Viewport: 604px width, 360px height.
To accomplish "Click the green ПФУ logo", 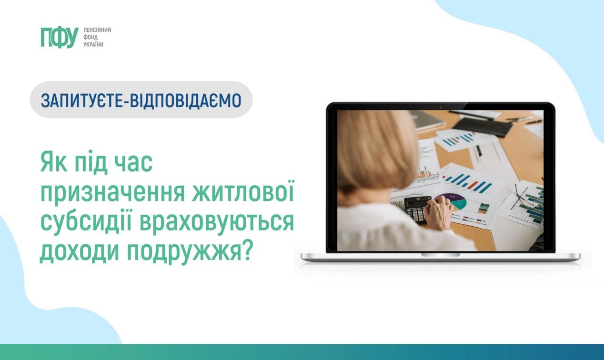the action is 60,38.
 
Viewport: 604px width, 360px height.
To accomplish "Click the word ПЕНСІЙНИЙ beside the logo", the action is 97,30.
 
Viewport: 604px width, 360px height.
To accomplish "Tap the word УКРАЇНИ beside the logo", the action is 93,44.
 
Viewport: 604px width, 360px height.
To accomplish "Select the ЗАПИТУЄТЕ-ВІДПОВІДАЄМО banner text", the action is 141,100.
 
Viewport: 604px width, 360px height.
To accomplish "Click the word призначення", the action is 112,194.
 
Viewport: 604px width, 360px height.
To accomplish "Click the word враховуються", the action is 216,224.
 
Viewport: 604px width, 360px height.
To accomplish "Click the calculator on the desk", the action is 417,209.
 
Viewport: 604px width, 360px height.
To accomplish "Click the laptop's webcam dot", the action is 441,107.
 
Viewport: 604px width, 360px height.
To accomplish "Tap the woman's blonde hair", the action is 377,156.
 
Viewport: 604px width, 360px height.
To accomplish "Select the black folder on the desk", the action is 482,126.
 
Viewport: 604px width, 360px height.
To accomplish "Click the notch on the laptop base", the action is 441,255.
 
